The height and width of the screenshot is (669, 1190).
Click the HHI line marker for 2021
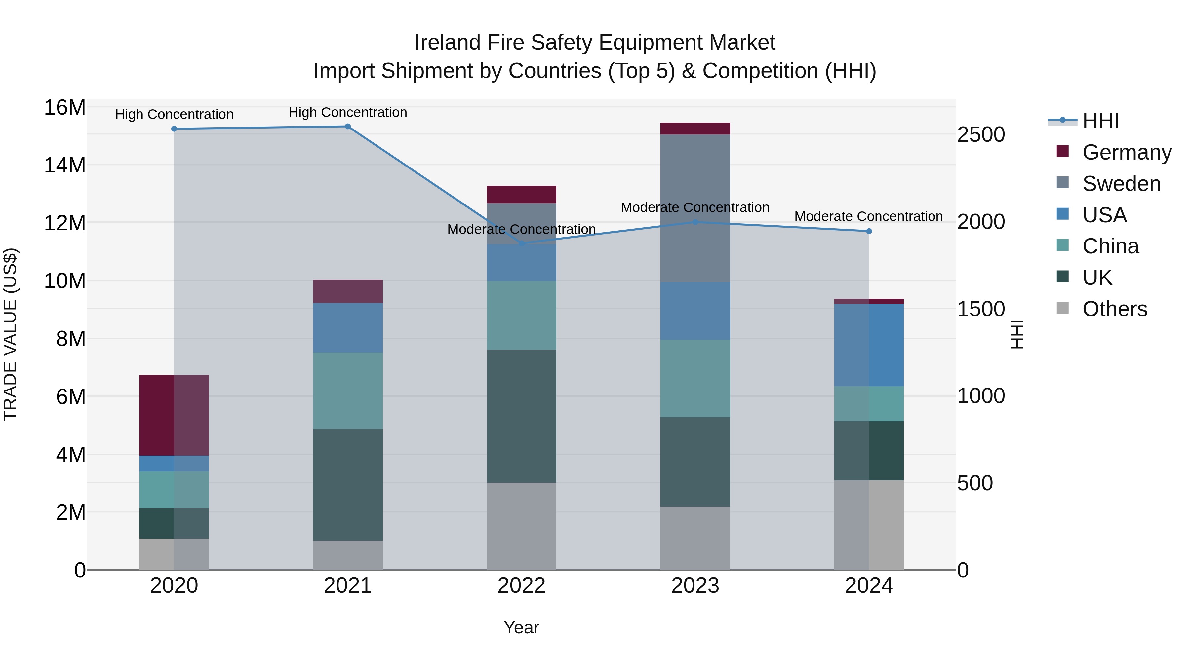tap(348, 127)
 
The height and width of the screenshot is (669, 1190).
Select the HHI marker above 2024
tap(869, 231)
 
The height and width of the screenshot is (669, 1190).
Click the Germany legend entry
tap(1126, 152)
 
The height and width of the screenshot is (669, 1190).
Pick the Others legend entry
tap(1114, 309)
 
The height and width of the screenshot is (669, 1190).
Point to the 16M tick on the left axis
tap(65, 108)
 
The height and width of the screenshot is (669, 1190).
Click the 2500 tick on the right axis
tap(980, 135)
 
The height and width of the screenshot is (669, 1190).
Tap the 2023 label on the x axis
tap(695, 586)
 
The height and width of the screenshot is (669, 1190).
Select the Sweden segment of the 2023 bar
tap(695, 208)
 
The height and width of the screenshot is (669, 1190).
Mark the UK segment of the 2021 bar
tap(348, 485)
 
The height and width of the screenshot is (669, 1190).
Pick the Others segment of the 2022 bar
tap(522, 526)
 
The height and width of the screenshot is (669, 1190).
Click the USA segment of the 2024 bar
tap(869, 345)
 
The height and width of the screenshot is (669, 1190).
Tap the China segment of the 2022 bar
tap(522, 316)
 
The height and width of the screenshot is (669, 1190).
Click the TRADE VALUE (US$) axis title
tap(10, 334)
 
